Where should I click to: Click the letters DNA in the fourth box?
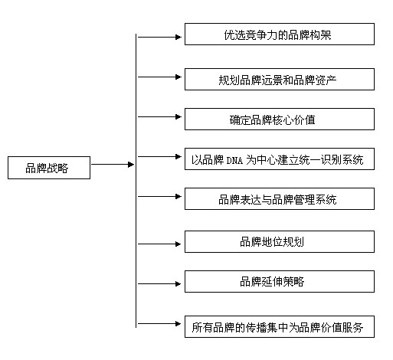(234, 160)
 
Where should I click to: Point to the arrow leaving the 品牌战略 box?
(113, 165)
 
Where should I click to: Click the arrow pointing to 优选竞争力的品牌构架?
(159, 37)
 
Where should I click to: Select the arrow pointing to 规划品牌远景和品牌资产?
(159, 77)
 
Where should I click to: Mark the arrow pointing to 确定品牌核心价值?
(159, 116)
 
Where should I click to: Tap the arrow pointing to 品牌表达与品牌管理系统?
(159, 196)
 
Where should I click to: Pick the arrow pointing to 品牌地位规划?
(159, 244)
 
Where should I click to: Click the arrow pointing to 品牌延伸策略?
(159, 283)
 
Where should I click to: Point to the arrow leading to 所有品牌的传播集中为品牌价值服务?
(159, 323)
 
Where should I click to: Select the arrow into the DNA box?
(159, 156)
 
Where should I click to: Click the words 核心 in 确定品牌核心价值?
(283, 119)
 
